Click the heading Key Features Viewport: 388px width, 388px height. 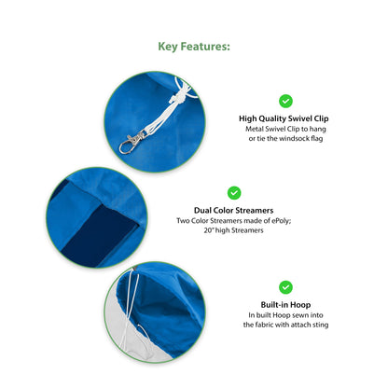(194, 47)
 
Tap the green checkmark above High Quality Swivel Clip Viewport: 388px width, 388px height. (285, 101)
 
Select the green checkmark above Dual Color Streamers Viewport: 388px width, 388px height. (234, 193)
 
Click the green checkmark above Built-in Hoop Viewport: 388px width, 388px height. (285, 287)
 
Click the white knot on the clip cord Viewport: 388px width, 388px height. (176, 98)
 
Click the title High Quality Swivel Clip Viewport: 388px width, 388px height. (284, 118)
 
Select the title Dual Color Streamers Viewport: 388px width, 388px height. (234, 210)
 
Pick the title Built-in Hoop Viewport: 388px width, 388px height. (285, 305)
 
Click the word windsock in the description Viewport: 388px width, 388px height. (293, 138)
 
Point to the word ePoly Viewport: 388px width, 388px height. (281, 221)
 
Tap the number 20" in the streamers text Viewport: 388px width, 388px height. (208, 230)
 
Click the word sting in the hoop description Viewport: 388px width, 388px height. (320, 325)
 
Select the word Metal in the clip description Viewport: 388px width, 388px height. (255, 129)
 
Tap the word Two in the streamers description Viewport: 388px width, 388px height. (183, 221)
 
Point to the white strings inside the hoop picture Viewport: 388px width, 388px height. (133, 308)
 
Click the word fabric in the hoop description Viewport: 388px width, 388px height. (264, 325)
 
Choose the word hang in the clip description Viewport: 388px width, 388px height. (317, 129)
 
